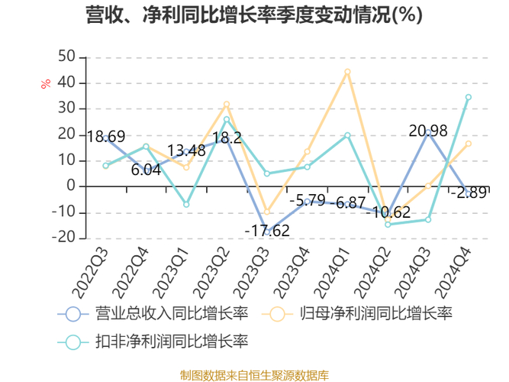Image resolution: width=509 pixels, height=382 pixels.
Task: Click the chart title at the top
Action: click(x=254, y=16)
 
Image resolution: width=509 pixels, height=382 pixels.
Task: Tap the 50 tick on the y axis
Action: click(x=66, y=57)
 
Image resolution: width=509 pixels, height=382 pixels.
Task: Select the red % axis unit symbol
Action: click(x=46, y=83)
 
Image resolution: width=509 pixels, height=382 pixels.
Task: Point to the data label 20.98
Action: click(x=428, y=131)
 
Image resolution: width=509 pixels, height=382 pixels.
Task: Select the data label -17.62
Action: click(x=267, y=230)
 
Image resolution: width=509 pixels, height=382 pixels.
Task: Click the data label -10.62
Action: click(x=388, y=212)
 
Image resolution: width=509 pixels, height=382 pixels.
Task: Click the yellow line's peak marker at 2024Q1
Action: click(x=347, y=72)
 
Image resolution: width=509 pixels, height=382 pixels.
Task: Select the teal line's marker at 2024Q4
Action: click(x=468, y=97)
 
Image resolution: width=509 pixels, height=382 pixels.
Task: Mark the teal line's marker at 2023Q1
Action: click(x=186, y=205)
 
